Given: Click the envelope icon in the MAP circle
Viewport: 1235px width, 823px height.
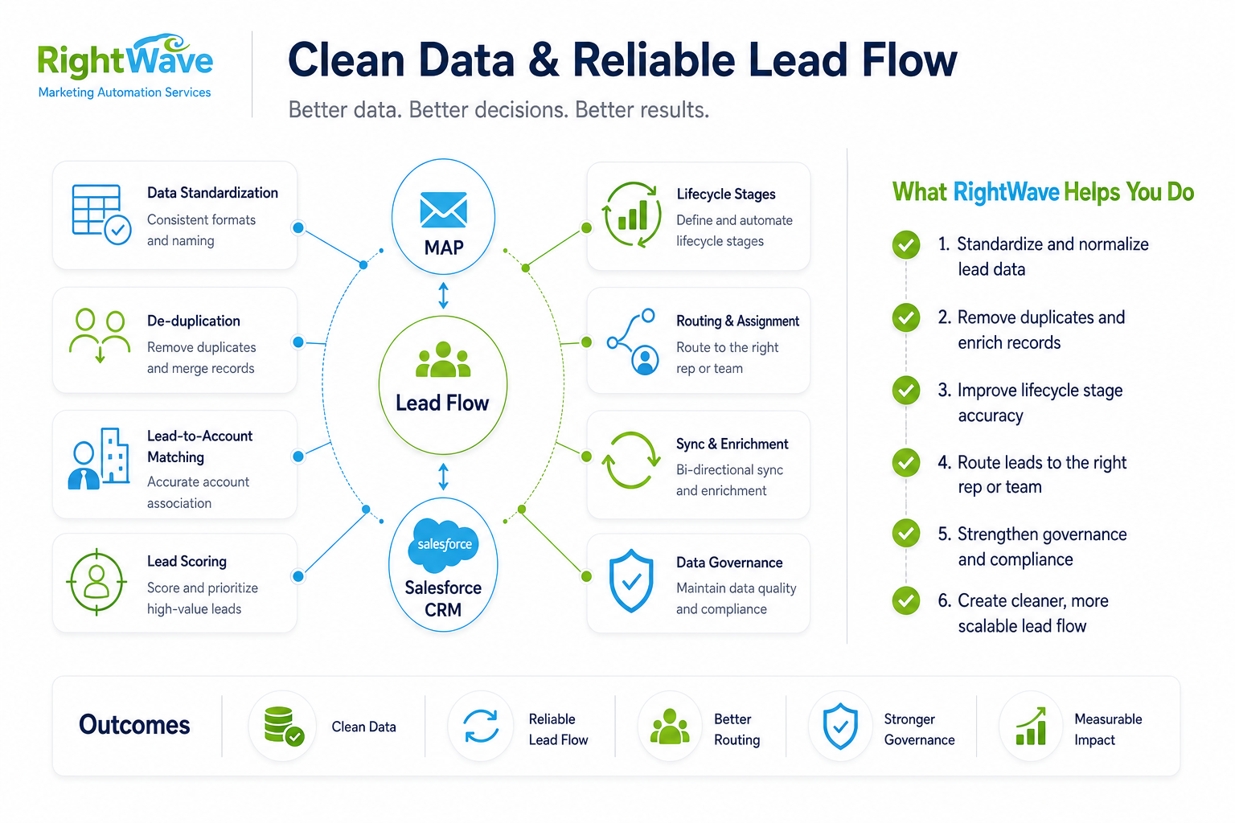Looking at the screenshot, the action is click(443, 210).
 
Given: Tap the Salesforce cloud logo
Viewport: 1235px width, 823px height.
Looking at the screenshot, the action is click(443, 545).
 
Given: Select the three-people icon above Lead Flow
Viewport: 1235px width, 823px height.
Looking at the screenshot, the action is click(443, 359).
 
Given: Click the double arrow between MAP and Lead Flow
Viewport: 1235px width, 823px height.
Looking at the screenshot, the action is click(443, 296).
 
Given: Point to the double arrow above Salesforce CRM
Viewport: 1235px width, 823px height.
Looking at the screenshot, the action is click(443, 477).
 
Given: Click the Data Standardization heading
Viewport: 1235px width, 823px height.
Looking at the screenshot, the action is click(212, 193).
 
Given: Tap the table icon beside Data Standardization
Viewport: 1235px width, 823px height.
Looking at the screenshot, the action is click(101, 215).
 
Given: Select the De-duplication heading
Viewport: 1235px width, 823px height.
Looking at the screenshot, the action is click(194, 321).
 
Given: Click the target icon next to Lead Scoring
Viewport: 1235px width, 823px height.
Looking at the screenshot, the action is click(96, 582).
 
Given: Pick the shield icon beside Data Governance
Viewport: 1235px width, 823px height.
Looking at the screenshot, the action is click(631, 580).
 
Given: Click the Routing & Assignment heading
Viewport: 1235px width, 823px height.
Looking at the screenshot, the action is click(737, 321).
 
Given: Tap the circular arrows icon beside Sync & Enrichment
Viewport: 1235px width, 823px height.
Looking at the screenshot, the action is click(630, 461).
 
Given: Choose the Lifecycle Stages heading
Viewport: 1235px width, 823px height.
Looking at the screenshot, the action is click(725, 194).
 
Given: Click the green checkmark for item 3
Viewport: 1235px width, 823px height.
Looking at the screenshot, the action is click(906, 391).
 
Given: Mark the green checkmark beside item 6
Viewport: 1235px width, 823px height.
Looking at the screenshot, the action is click(906, 600).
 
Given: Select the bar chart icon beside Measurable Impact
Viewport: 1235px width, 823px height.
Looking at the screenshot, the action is click(1031, 726).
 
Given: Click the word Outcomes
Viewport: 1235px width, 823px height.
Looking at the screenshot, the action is click(134, 725).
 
